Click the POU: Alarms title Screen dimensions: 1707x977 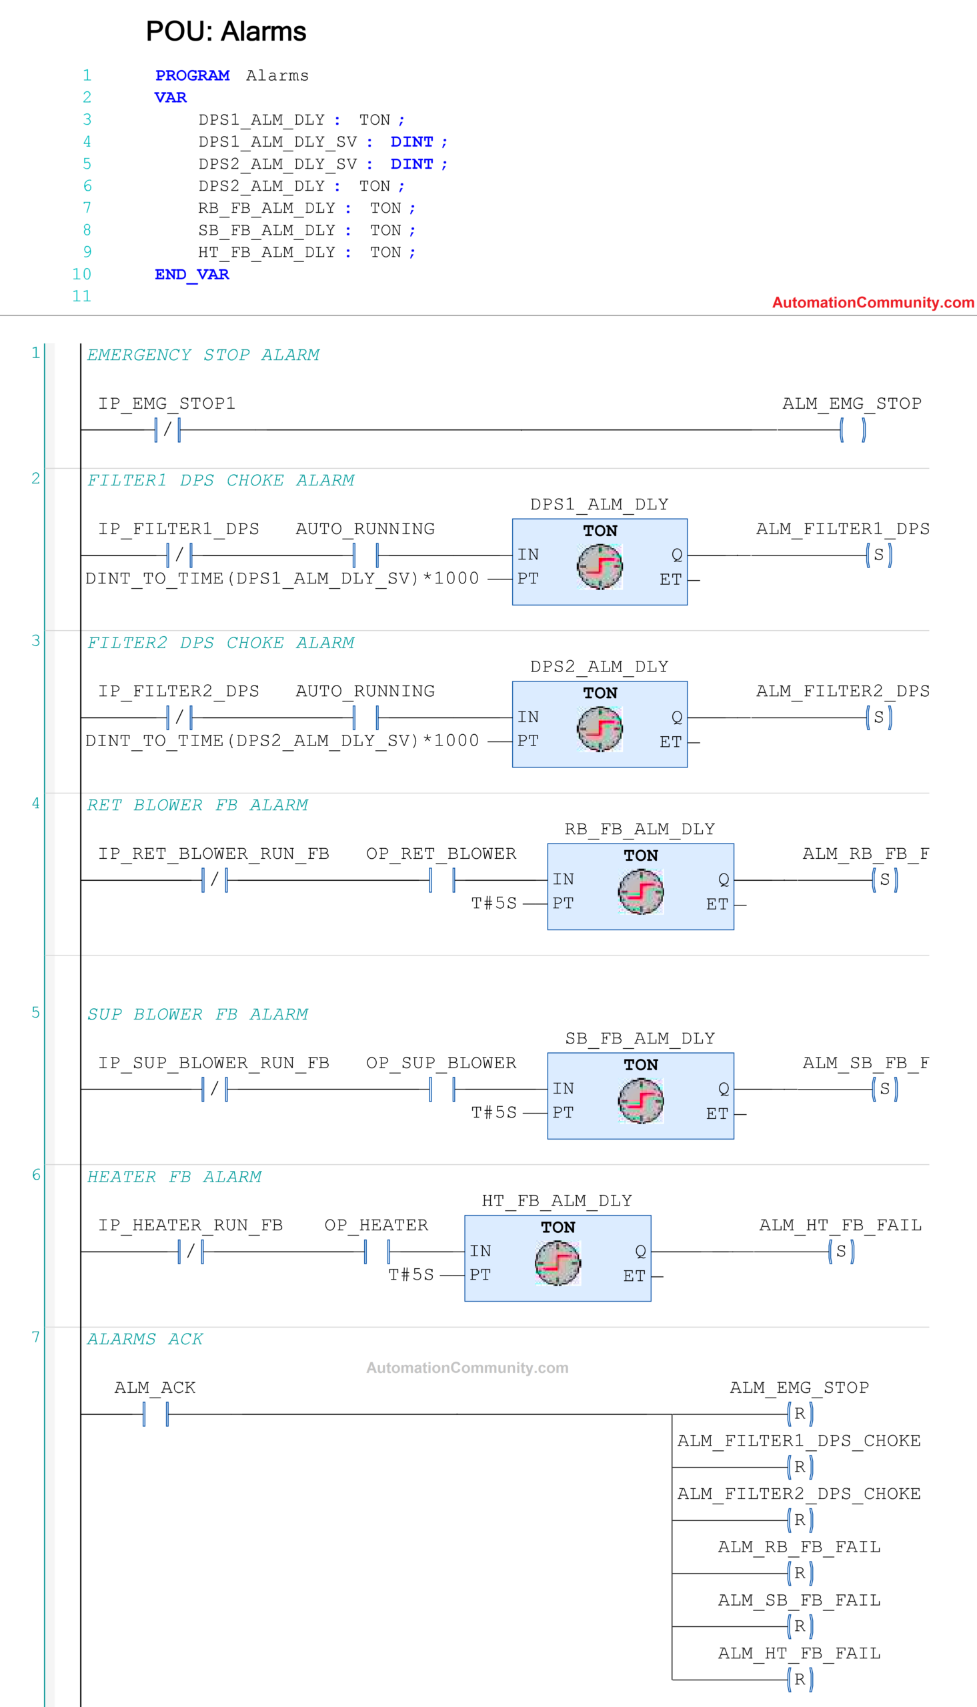225,31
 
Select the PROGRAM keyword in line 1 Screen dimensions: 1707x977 192,76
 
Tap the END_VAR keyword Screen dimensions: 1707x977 191,274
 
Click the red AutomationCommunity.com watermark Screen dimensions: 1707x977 872,303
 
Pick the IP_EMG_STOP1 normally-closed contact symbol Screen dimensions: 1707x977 167,429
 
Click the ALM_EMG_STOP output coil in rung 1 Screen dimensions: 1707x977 852,429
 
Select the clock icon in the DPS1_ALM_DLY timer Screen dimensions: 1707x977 600,567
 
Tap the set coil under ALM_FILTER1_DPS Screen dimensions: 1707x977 878,555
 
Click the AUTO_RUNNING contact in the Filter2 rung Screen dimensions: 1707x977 365,717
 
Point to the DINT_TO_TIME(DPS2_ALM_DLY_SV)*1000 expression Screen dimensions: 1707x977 282,741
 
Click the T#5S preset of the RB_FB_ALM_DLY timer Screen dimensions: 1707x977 494,904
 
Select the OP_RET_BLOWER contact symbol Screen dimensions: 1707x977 441,880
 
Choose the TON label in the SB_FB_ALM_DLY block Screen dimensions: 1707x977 640,1065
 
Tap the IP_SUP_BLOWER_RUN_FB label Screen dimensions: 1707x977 213,1063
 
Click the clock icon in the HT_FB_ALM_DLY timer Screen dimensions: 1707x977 557,1263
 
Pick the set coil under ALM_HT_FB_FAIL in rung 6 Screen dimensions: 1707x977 841,1252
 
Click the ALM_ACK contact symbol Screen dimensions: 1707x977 155,1414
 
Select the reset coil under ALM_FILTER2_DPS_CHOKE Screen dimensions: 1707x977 799,1520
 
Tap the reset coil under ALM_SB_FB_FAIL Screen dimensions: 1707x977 799,1626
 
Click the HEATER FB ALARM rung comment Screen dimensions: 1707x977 174,1177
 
